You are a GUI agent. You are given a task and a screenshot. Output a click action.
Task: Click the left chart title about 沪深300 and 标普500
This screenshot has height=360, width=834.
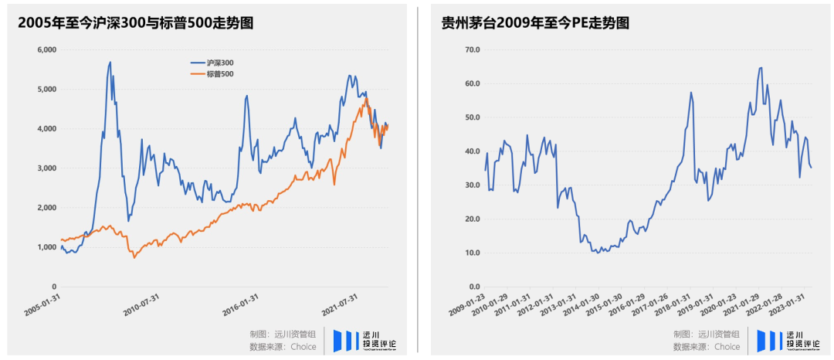coord(136,23)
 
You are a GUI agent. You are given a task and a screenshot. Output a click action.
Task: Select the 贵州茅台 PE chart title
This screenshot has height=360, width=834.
coord(534,23)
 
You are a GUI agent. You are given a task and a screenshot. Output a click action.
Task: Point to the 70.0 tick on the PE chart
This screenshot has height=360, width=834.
coord(470,49)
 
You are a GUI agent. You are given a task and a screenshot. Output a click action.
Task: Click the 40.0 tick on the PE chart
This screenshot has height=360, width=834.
coord(470,151)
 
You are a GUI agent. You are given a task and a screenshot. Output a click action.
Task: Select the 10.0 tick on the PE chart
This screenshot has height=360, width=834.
coord(470,253)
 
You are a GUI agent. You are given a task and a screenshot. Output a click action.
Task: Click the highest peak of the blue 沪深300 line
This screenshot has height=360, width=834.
coord(110,62)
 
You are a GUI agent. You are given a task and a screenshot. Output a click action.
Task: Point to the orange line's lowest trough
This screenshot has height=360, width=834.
coord(134,257)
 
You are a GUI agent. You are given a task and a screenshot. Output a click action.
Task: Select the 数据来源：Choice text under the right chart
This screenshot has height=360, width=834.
coord(706,347)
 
